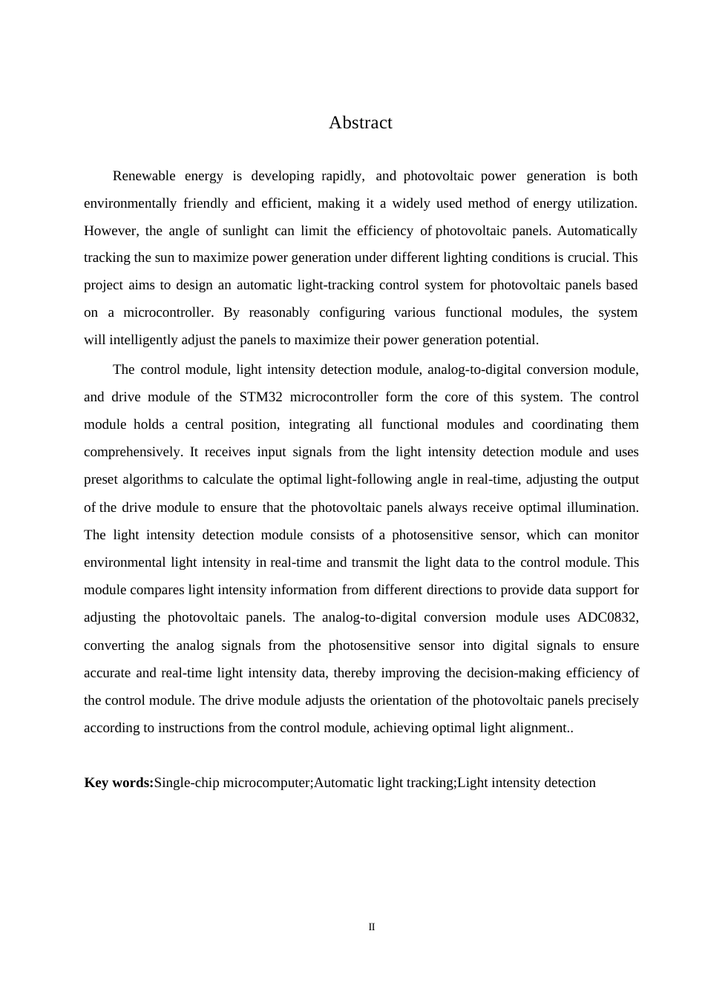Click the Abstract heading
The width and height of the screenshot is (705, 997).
point(360,123)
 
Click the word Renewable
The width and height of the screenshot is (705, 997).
point(144,176)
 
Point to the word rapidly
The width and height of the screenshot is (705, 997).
point(342,176)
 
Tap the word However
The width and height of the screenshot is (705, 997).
point(110,231)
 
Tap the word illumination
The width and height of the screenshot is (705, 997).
point(600,507)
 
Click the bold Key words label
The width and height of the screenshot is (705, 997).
point(119,783)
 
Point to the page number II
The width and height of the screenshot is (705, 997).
point(372,927)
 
